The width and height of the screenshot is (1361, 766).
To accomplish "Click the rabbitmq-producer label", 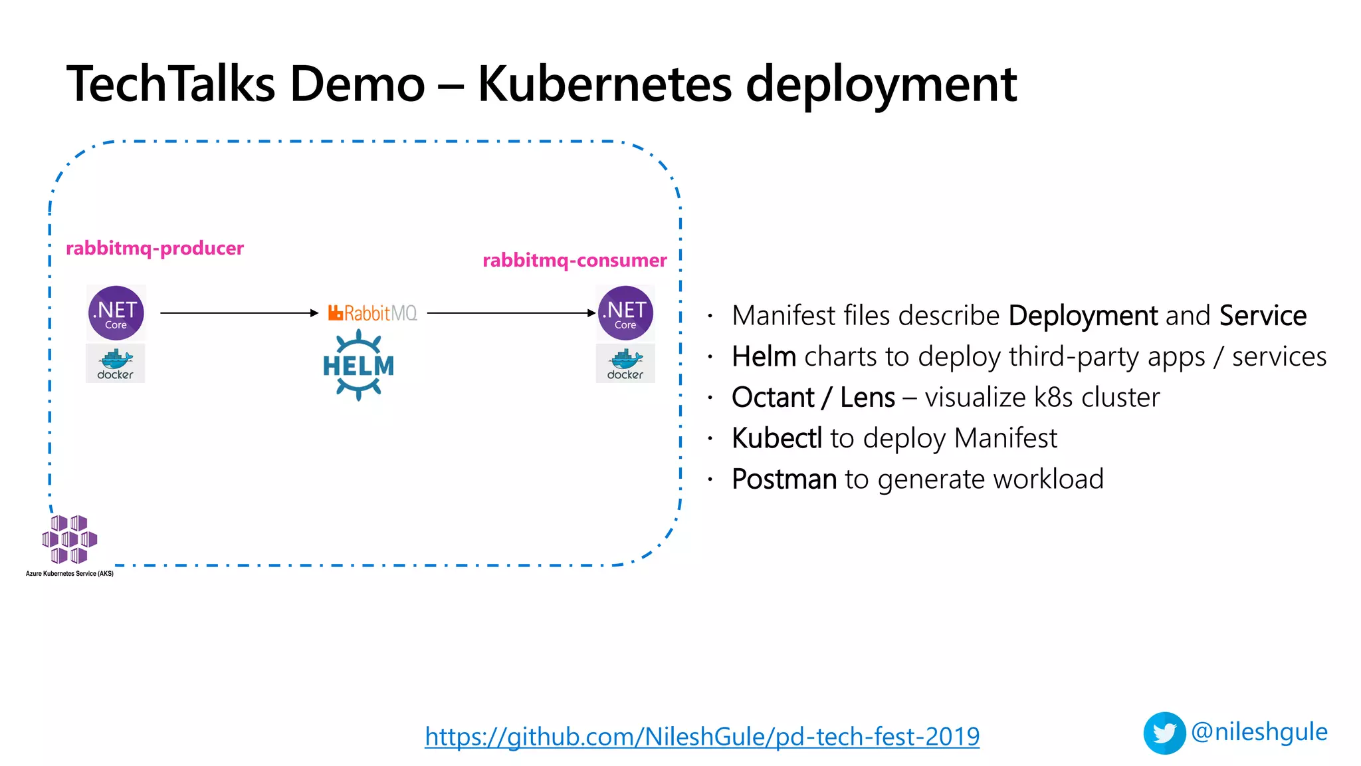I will (155, 249).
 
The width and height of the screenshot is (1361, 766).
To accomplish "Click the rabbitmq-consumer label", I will (574, 261).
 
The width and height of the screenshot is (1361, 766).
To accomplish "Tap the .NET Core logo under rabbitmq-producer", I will (116, 313).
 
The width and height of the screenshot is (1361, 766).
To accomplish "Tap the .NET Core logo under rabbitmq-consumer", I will (625, 313).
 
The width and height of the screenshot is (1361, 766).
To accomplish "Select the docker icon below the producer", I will (115, 364).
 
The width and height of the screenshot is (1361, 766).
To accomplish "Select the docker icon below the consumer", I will (625, 364).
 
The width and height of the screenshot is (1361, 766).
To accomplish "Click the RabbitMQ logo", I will (373, 313).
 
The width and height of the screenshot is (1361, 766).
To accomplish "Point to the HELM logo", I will (358, 365).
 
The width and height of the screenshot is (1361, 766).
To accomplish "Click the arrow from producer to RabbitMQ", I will (239, 313).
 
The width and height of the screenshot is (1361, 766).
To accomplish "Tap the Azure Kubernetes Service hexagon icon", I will (69, 539).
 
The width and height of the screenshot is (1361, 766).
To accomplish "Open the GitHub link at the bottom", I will (702, 737).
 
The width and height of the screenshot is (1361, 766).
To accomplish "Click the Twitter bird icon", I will (1164, 733).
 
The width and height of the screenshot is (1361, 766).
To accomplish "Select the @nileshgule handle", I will (1259, 731).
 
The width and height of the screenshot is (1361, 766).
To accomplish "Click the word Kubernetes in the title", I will (604, 84).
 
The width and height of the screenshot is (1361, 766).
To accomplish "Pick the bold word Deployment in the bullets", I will (1083, 316).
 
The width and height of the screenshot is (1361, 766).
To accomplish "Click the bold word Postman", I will (784, 479).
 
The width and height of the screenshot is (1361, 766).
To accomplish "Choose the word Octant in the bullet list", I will (772, 398).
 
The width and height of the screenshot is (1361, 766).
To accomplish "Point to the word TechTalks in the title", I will (171, 84).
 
